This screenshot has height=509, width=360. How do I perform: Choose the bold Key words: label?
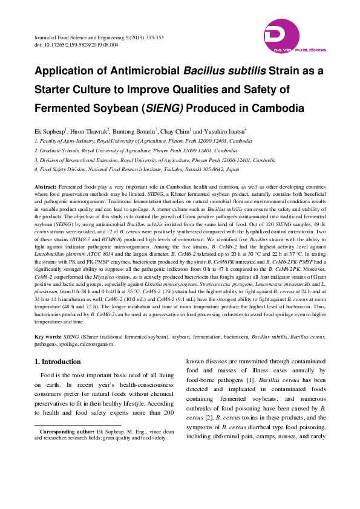tap(48, 336)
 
